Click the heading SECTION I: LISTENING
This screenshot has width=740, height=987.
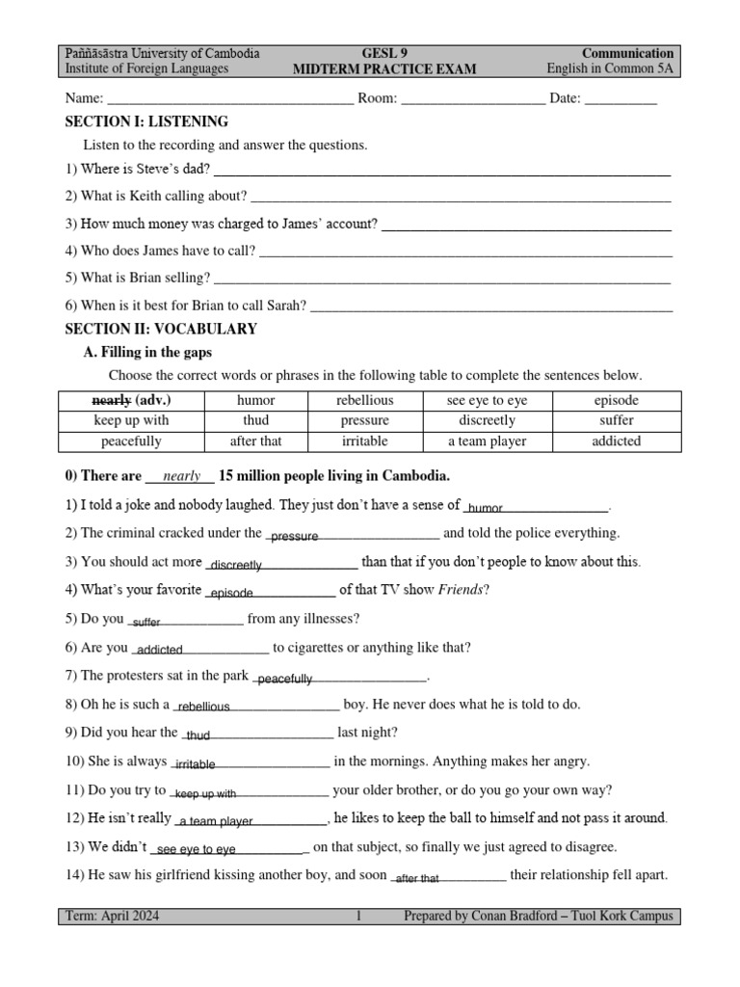click(x=146, y=121)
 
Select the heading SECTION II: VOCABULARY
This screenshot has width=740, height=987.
click(x=161, y=329)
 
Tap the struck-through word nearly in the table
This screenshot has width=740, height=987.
click(x=111, y=400)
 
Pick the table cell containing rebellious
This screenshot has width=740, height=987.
click(x=364, y=400)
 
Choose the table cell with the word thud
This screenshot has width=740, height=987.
click(x=255, y=420)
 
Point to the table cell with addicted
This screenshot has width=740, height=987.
click(x=617, y=441)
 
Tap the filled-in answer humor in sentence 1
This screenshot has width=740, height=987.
click(x=486, y=508)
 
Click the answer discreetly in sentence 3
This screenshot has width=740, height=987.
click(x=235, y=565)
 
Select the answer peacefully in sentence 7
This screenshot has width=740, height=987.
click(x=285, y=680)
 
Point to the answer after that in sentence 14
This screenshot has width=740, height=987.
click(x=417, y=879)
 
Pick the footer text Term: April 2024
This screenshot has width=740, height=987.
click(x=112, y=916)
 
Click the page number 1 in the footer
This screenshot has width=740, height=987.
click(x=357, y=916)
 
